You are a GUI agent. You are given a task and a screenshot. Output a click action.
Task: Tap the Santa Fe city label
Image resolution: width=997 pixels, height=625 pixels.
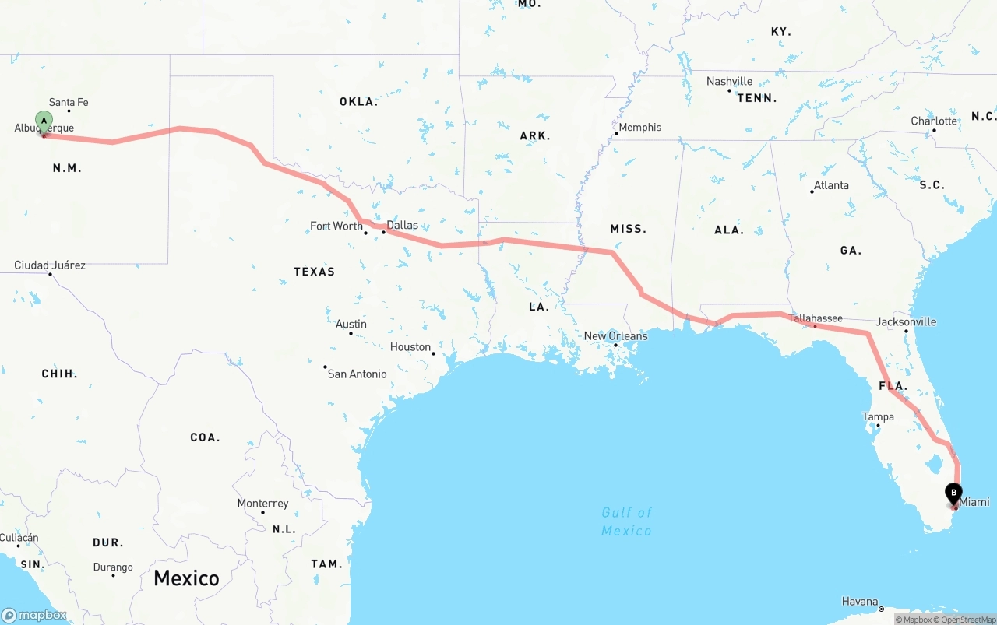[x=69, y=102]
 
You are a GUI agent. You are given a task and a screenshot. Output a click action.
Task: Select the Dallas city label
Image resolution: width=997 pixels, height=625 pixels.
[x=402, y=225]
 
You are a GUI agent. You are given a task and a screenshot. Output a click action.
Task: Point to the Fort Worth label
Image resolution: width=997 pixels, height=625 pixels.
[x=336, y=226]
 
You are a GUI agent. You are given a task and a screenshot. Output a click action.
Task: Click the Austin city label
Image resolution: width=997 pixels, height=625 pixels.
[x=351, y=324]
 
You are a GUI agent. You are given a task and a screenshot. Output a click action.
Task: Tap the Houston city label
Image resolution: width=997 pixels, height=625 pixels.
[x=410, y=346]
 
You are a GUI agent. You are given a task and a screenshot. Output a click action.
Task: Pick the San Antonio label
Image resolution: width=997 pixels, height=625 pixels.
[x=357, y=374]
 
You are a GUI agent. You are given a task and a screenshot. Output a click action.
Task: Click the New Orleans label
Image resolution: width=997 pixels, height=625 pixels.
[x=615, y=336]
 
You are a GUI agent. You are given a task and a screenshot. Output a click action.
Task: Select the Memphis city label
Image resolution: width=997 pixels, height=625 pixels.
[x=639, y=127]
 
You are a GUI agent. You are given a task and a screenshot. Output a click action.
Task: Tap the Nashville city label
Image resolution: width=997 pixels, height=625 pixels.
[x=729, y=81]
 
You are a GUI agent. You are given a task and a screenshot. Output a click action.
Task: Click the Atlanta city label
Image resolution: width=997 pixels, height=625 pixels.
[x=831, y=185]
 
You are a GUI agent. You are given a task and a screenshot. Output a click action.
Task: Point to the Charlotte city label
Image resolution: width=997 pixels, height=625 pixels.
[x=934, y=121]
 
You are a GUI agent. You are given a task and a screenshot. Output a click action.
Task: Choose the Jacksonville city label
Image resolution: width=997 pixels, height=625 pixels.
[x=906, y=321]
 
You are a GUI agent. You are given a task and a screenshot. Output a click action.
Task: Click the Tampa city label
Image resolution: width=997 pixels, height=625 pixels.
[x=878, y=416]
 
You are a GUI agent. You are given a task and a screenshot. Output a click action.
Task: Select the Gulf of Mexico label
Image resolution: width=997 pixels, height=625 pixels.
[x=626, y=521]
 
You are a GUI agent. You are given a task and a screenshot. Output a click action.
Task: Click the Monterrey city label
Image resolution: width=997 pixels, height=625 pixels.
[x=262, y=504]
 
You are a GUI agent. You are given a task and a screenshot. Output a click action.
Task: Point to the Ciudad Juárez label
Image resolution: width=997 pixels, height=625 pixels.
[x=50, y=265]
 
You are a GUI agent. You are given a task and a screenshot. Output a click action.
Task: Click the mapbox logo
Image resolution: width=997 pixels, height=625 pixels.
[x=34, y=615]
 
